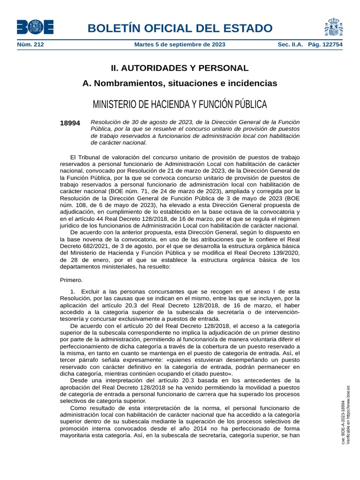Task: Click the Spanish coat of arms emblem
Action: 333,27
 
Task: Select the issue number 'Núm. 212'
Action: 30,45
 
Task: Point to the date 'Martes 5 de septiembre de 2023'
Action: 180,45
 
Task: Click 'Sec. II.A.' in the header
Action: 291,45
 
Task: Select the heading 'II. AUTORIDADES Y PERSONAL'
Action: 180,68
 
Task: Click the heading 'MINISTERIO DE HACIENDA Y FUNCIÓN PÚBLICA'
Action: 180,104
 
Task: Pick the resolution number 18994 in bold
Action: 70,123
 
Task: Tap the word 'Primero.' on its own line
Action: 71,280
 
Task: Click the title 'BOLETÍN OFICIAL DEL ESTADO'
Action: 180,28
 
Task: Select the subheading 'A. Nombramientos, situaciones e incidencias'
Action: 180,83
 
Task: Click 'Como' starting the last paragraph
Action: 78,408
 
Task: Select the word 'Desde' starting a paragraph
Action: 79,380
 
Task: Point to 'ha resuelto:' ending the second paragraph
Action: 156,267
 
